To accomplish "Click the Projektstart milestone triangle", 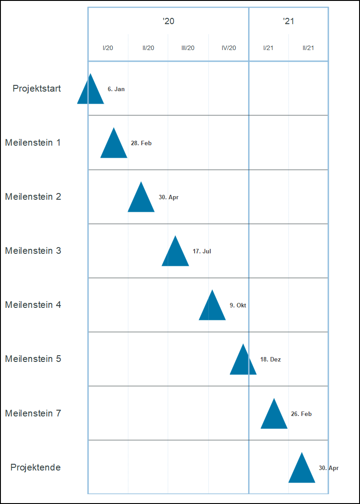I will click(91, 92).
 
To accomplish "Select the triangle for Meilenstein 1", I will click(114, 146).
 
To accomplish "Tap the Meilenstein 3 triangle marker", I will click(175, 254).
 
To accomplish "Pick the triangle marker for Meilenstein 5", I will click(243, 362).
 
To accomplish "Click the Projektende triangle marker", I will click(302, 471).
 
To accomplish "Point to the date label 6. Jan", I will click(116, 89).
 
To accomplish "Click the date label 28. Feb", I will click(141, 143).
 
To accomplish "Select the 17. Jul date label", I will click(202, 252).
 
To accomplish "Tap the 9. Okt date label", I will click(238, 306).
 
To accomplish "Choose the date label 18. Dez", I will click(271, 360).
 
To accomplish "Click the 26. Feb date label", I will click(301, 414).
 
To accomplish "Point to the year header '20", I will click(168, 21).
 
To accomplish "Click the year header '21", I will click(288, 21).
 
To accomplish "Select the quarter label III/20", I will click(188, 48).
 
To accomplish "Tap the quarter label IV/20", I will click(229, 48).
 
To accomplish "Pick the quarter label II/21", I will click(308, 48).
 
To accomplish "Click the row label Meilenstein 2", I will click(33, 197).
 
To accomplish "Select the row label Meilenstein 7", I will click(33, 413).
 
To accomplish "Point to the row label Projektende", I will click(36, 467).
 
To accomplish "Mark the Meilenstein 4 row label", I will click(33, 305).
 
